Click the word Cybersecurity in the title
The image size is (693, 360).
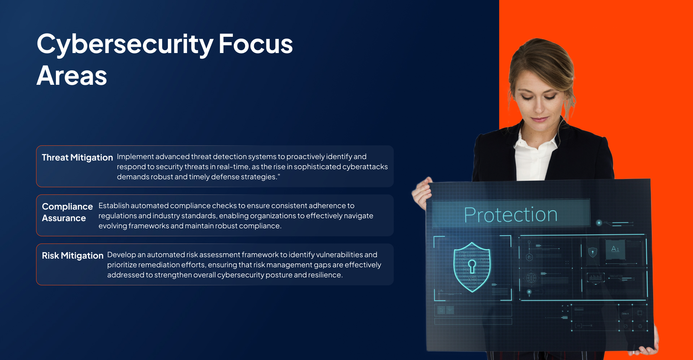[x=125, y=44]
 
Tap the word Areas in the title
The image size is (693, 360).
[x=72, y=76]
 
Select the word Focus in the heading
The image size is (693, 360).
[x=256, y=44]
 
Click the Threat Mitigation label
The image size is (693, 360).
[x=77, y=158]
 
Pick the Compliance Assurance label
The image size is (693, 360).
[x=67, y=212]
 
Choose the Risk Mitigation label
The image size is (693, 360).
[x=73, y=256]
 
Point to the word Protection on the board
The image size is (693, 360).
[x=510, y=215]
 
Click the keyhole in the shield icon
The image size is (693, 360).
[x=472, y=266]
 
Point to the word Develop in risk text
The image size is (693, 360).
[x=122, y=255]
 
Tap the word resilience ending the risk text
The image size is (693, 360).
[x=325, y=275]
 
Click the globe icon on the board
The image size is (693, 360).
[x=531, y=278]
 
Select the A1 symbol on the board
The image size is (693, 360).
[x=615, y=249]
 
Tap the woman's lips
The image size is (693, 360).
[x=539, y=119]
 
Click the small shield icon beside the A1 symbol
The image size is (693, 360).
[x=592, y=252]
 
